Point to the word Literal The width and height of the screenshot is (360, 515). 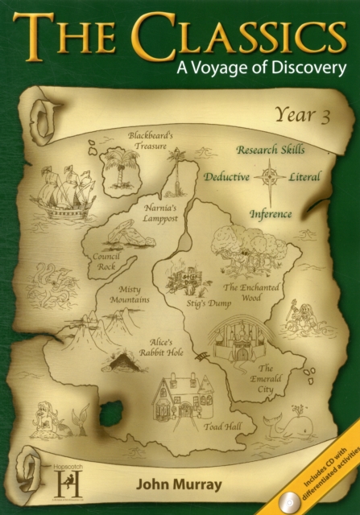(x=304, y=177)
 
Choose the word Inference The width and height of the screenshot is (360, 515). (x=270, y=214)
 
